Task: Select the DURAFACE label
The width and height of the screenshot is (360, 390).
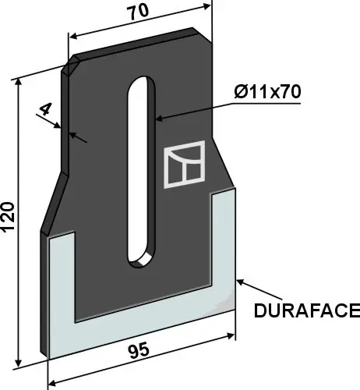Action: coord(305,311)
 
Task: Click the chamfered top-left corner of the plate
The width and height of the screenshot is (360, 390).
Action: coord(70,62)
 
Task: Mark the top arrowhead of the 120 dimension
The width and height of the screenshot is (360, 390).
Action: coord(17,79)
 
